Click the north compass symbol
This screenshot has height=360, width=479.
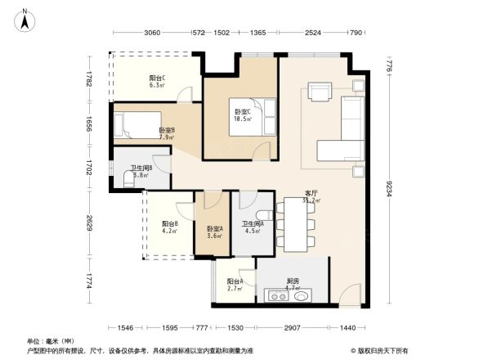pos(25,19)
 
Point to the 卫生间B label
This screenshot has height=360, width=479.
pos(141,171)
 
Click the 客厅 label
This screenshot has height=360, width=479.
pos(310,196)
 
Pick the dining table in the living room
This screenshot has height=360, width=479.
pos(295,223)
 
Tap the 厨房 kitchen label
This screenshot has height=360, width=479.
pos(293,282)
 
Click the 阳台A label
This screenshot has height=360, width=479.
pos(235,283)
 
